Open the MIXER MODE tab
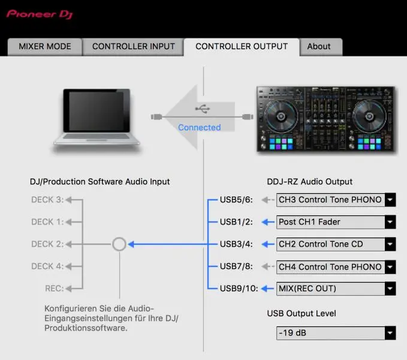45,47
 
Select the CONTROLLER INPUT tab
133,47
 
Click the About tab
319,47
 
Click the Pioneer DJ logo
40,13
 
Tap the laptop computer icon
97,118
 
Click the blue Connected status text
200,127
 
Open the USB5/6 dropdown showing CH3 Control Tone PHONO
336,200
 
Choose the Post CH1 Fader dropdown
336,222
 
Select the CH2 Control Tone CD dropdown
336,244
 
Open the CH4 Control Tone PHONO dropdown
336,266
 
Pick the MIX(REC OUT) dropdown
336,289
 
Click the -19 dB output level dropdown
336,333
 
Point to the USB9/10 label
239,289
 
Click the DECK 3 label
47,200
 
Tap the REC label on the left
54,289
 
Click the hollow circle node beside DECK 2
119,244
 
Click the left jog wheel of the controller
279,114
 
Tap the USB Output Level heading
302,313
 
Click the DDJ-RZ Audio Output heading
309,182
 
